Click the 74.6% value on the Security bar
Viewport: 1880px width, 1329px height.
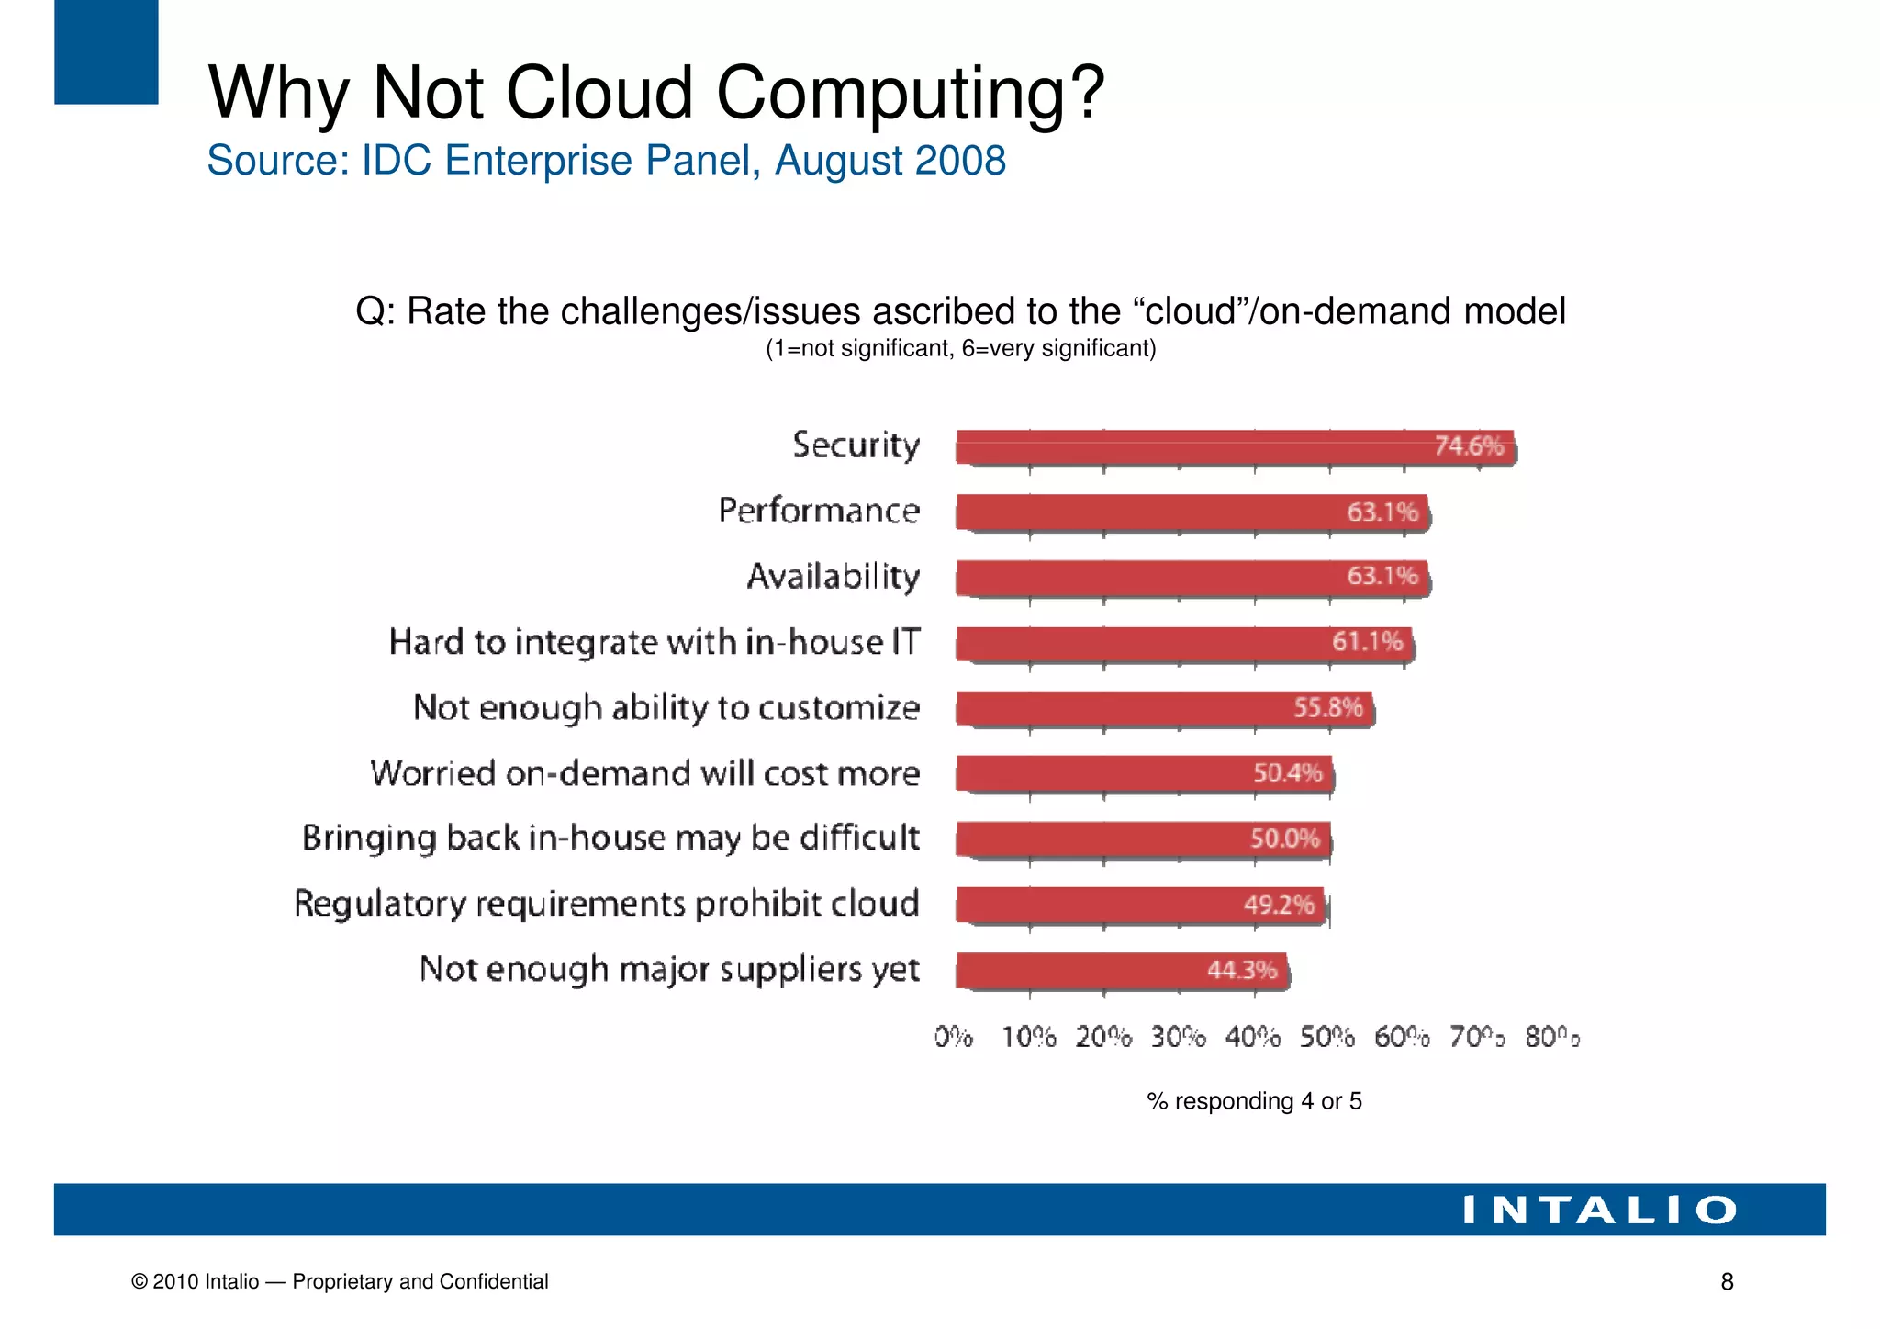[x=1469, y=446]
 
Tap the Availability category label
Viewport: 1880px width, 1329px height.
[x=833, y=577]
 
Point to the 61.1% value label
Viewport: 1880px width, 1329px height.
[x=1367, y=641]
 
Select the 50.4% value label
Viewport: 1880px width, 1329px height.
[x=1287, y=773]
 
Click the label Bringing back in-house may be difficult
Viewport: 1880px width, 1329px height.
[x=610, y=839]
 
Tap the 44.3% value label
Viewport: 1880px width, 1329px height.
[x=1241, y=970]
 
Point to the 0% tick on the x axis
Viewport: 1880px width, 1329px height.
[x=954, y=1038]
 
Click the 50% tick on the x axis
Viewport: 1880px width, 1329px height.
[x=1327, y=1038]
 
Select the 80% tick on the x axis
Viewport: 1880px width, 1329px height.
[x=1552, y=1038]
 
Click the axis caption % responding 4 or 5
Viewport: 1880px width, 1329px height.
[x=1254, y=1101]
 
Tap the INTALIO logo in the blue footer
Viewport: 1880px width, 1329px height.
[x=1599, y=1211]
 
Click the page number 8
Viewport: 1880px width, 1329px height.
[x=1727, y=1282]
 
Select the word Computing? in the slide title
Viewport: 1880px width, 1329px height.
[x=911, y=94]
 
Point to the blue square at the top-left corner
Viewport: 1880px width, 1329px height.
[x=106, y=51]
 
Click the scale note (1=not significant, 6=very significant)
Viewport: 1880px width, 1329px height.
[x=960, y=349]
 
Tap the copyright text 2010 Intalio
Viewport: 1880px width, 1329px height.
[x=206, y=1282]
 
